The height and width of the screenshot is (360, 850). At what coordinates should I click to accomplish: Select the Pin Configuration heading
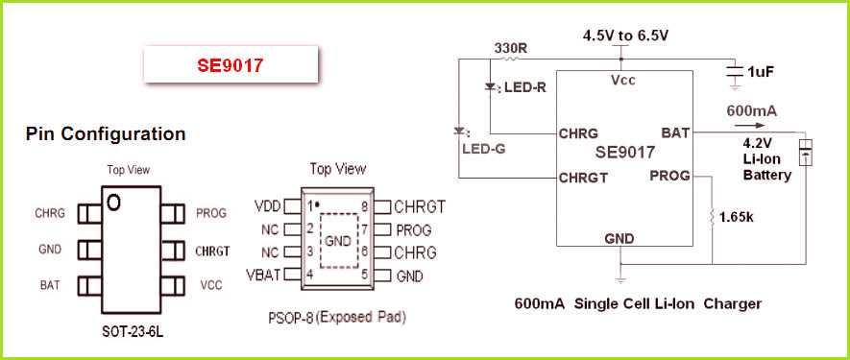click(106, 134)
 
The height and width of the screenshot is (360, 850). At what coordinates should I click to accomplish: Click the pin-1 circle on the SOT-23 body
click(114, 201)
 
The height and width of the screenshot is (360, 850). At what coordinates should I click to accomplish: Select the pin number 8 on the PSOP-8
click(365, 206)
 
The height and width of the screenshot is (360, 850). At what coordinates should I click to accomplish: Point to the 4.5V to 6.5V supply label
click(625, 36)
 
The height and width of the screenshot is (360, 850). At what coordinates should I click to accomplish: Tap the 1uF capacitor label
click(761, 71)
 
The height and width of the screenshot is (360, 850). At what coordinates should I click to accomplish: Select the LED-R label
click(525, 87)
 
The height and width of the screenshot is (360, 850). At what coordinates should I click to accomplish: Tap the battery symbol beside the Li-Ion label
click(808, 152)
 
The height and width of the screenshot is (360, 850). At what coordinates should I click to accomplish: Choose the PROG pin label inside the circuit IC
click(669, 176)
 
